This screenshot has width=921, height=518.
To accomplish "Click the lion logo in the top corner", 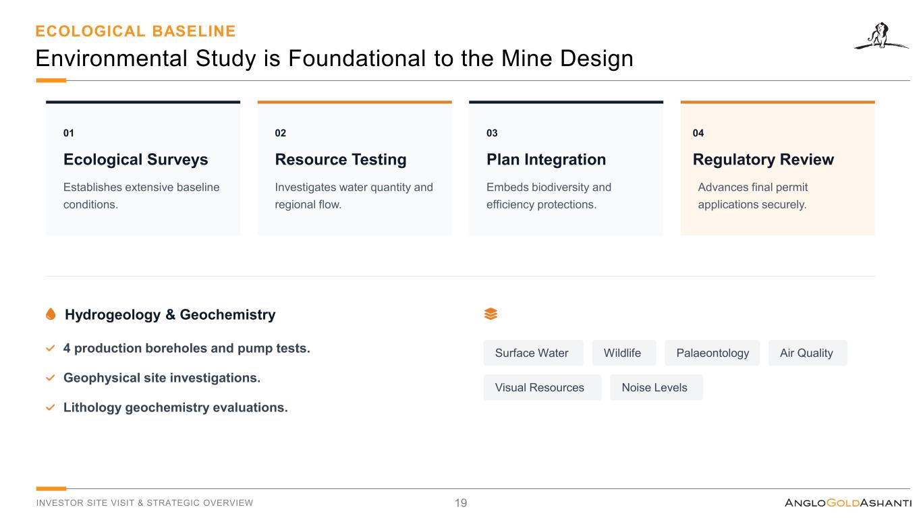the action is pyautogui.click(x=881, y=36).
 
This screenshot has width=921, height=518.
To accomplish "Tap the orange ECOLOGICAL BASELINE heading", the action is pyautogui.click(x=136, y=31).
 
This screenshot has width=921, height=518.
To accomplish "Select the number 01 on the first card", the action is pyautogui.click(x=69, y=133).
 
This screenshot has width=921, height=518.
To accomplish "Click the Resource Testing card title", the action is pyautogui.click(x=341, y=159).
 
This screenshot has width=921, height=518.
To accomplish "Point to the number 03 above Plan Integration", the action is pyautogui.click(x=492, y=133).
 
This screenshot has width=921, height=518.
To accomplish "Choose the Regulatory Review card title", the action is pyautogui.click(x=763, y=159).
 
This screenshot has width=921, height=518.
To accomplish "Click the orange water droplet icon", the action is pyautogui.click(x=51, y=314).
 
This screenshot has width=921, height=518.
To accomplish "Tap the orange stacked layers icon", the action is pyautogui.click(x=491, y=314).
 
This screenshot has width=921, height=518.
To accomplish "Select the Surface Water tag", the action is pyautogui.click(x=533, y=353).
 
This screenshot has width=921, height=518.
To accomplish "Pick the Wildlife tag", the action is pyautogui.click(x=623, y=353).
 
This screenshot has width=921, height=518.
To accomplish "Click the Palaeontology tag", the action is pyautogui.click(x=712, y=353).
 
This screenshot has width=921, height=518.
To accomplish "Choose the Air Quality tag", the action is pyautogui.click(x=808, y=353).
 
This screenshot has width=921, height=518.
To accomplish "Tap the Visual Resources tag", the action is pyautogui.click(x=542, y=387).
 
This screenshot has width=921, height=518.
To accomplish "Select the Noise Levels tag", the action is pyautogui.click(x=657, y=387).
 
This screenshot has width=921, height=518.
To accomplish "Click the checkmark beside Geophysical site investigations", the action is pyautogui.click(x=50, y=378).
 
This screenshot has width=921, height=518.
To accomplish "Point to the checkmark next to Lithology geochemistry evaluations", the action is pyautogui.click(x=50, y=407).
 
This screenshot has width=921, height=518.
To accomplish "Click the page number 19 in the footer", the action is pyautogui.click(x=460, y=502).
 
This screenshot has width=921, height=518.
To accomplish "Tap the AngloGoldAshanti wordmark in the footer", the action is pyautogui.click(x=848, y=502).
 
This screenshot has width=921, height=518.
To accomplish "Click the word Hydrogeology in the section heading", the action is pyautogui.click(x=113, y=315).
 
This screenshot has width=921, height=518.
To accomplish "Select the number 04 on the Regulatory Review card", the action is pyautogui.click(x=698, y=133).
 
